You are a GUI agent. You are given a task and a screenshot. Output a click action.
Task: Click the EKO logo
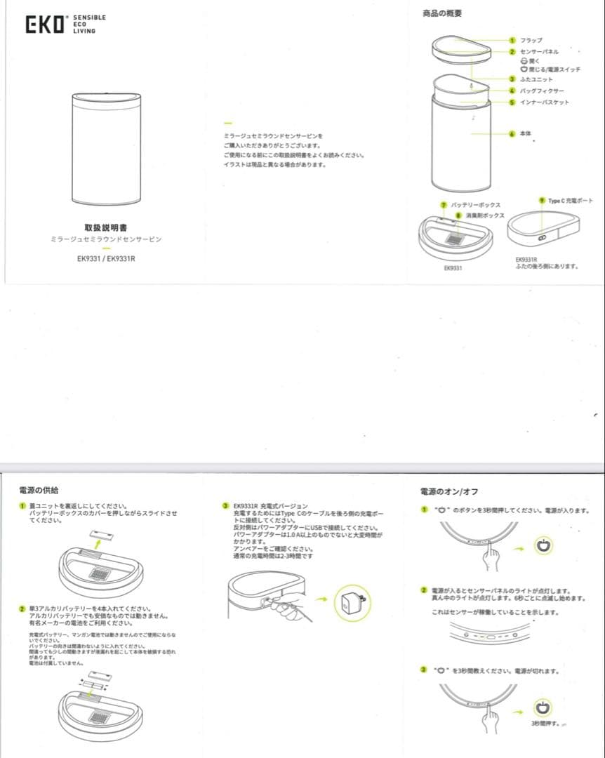point(46,25)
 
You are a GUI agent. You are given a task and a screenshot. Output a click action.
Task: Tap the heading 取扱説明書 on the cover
point(105,227)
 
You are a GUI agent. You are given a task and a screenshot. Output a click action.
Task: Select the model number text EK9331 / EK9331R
point(106,258)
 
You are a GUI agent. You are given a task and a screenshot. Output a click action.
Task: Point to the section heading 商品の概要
point(441,14)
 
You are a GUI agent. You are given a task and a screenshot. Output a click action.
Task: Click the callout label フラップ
point(531,41)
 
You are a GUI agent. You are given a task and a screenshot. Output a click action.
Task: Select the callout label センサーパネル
point(539,52)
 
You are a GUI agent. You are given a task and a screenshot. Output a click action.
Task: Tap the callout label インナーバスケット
point(544,102)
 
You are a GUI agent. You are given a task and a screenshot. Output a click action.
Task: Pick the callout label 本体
point(526,133)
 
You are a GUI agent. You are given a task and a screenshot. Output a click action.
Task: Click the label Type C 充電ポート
point(570,201)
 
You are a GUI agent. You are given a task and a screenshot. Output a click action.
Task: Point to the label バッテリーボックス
point(475,205)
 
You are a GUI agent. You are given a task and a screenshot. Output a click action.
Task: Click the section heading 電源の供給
point(39,490)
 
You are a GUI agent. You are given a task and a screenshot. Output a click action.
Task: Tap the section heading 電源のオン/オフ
point(448,491)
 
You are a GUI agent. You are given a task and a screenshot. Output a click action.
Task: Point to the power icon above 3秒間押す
point(543,707)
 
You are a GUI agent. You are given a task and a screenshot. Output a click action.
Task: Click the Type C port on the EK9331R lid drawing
point(542,239)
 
